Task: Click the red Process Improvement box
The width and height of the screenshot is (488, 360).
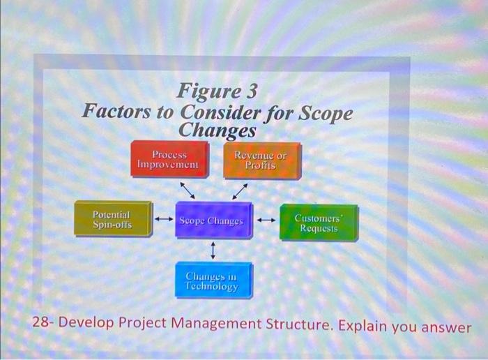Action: click(168, 159)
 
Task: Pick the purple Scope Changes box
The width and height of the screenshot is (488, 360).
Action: click(212, 220)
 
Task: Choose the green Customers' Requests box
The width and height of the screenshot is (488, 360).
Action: click(317, 223)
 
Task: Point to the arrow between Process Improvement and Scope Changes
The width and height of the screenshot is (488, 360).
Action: click(188, 189)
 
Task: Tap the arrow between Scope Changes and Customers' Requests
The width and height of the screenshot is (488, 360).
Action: click(266, 221)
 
